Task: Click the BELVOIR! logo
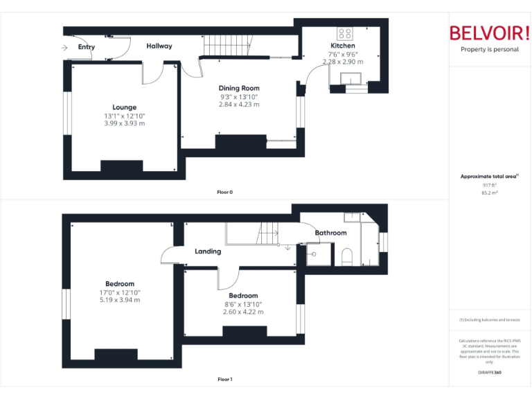point(489,33)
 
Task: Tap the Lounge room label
point(125,107)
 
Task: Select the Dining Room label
point(239,88)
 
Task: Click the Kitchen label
point(342,46)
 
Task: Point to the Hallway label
point(159,46)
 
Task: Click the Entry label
point(87,47)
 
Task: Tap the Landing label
point(208,251)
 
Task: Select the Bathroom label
point(330,233)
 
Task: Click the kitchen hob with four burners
point(345,33)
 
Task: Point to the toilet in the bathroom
point(347,257)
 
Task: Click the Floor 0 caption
point(224,192)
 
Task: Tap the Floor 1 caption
point(224,380)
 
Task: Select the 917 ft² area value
point(489,186)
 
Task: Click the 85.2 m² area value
point(489,193)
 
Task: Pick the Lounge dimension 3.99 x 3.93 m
point(125,123)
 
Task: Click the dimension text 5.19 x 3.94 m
point(120,300)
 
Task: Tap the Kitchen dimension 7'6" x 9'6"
point(342,54)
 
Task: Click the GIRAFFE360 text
point(489,373)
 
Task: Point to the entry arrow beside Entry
point(65,47)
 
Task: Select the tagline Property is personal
point(489,50)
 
